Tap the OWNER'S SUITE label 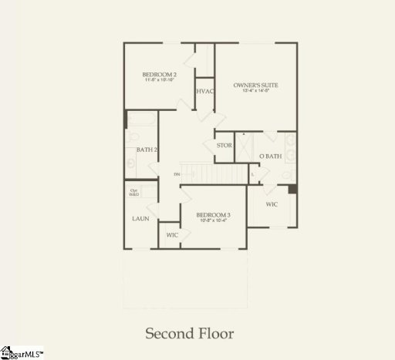pyautogui.click(x=256, y=85)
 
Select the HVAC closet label pyautogui.click(x=204, y=92)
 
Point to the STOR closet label pyautogui.click(x=225, y=145)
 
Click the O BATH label pyautogui.click(x=270, y=156)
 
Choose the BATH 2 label pyautogui.click(x=147, y=150)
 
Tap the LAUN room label pyautogui.click(x=140, y=219)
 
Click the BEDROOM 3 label pyautogui.click(x=214, y=215)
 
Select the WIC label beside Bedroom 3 pyautogui.click(x=171, y=234)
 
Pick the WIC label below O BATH pyautogui.click(x=272, y=205)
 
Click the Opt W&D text pyautogui.click(x=133, y=192)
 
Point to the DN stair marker pyautogui.click(x=177, y=175)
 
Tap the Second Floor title pyautogui.click(x=190, y=334)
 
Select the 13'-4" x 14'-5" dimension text pyautogui.click(x=256, y=92)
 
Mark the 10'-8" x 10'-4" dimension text pyautogui.click(x=214, y=222)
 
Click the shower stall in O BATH pyautogui.click(x=245, y=147)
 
